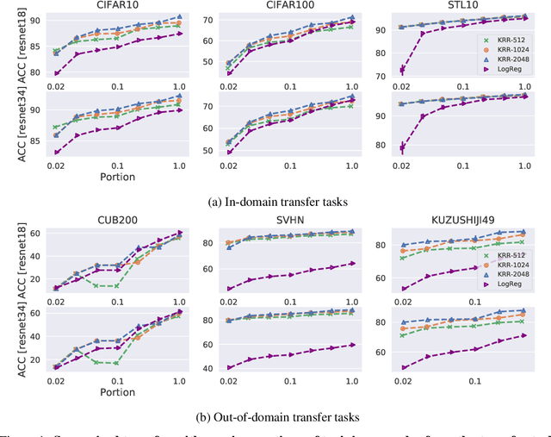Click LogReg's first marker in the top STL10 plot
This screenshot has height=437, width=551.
click(402, 70)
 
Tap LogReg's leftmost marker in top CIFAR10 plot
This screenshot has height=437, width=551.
click(56, 73)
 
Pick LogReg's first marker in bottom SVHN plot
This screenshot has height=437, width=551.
click(229, 367)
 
